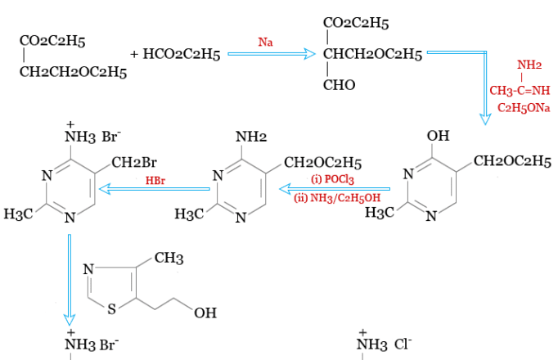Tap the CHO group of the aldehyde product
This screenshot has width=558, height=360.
tap(338, 85)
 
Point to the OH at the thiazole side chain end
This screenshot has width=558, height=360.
tap(206, 312)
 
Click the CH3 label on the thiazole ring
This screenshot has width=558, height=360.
tap(169, 259)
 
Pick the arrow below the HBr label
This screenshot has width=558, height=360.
tap(155, 190)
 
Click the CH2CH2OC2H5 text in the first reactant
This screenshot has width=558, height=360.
tap(73, 73)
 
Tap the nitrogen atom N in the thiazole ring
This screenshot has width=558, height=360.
tap(89, 268)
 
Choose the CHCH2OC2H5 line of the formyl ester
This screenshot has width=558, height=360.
tap(372, 55)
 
